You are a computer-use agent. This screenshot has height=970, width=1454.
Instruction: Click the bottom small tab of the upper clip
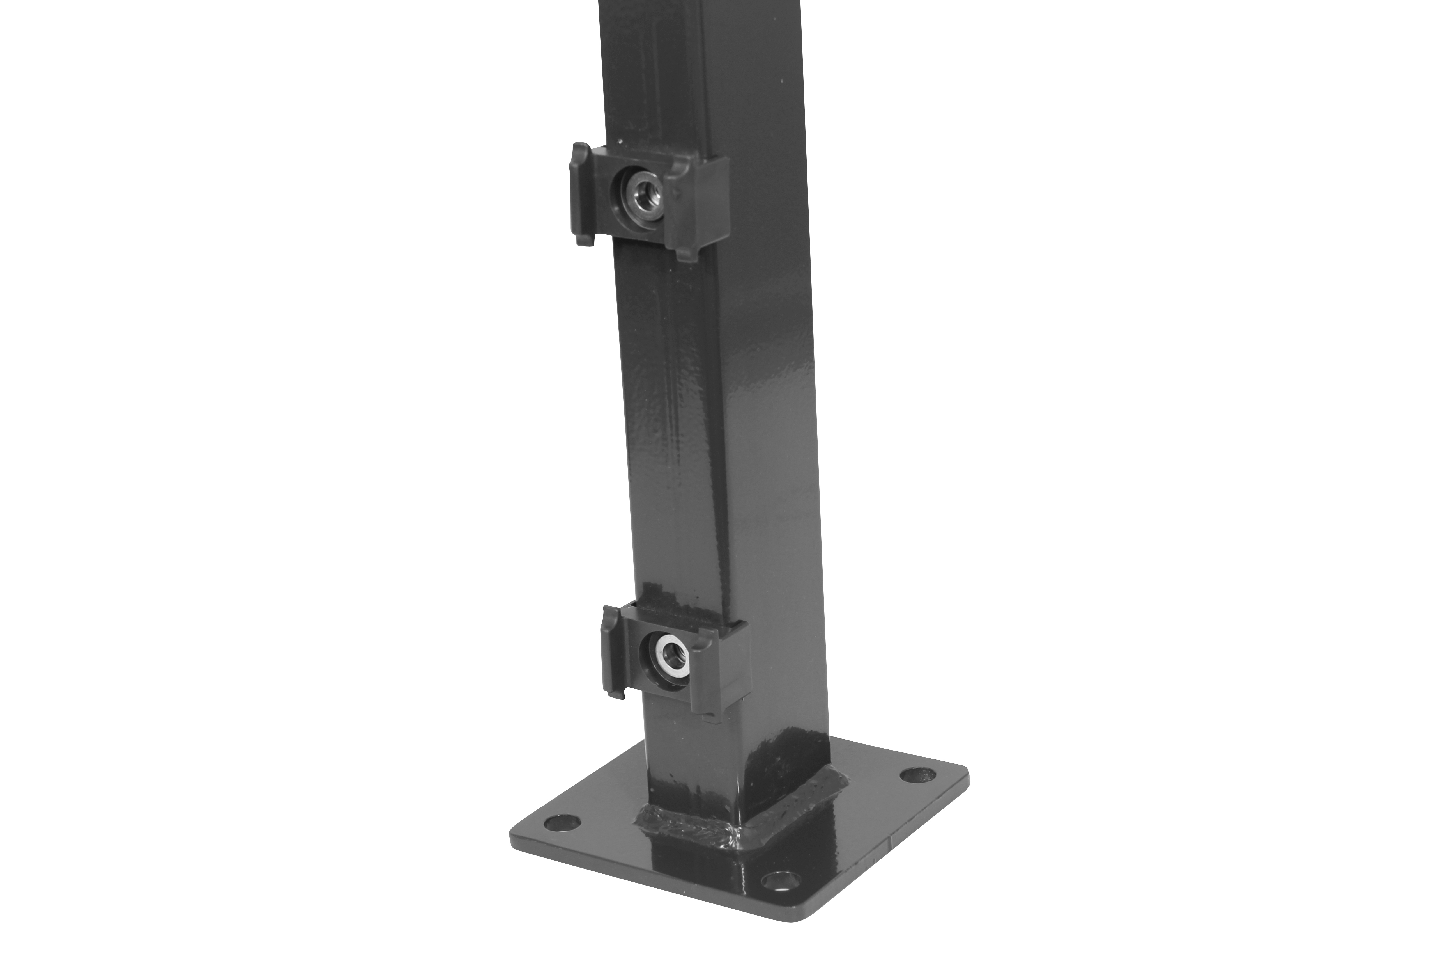(x=686, y=254)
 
